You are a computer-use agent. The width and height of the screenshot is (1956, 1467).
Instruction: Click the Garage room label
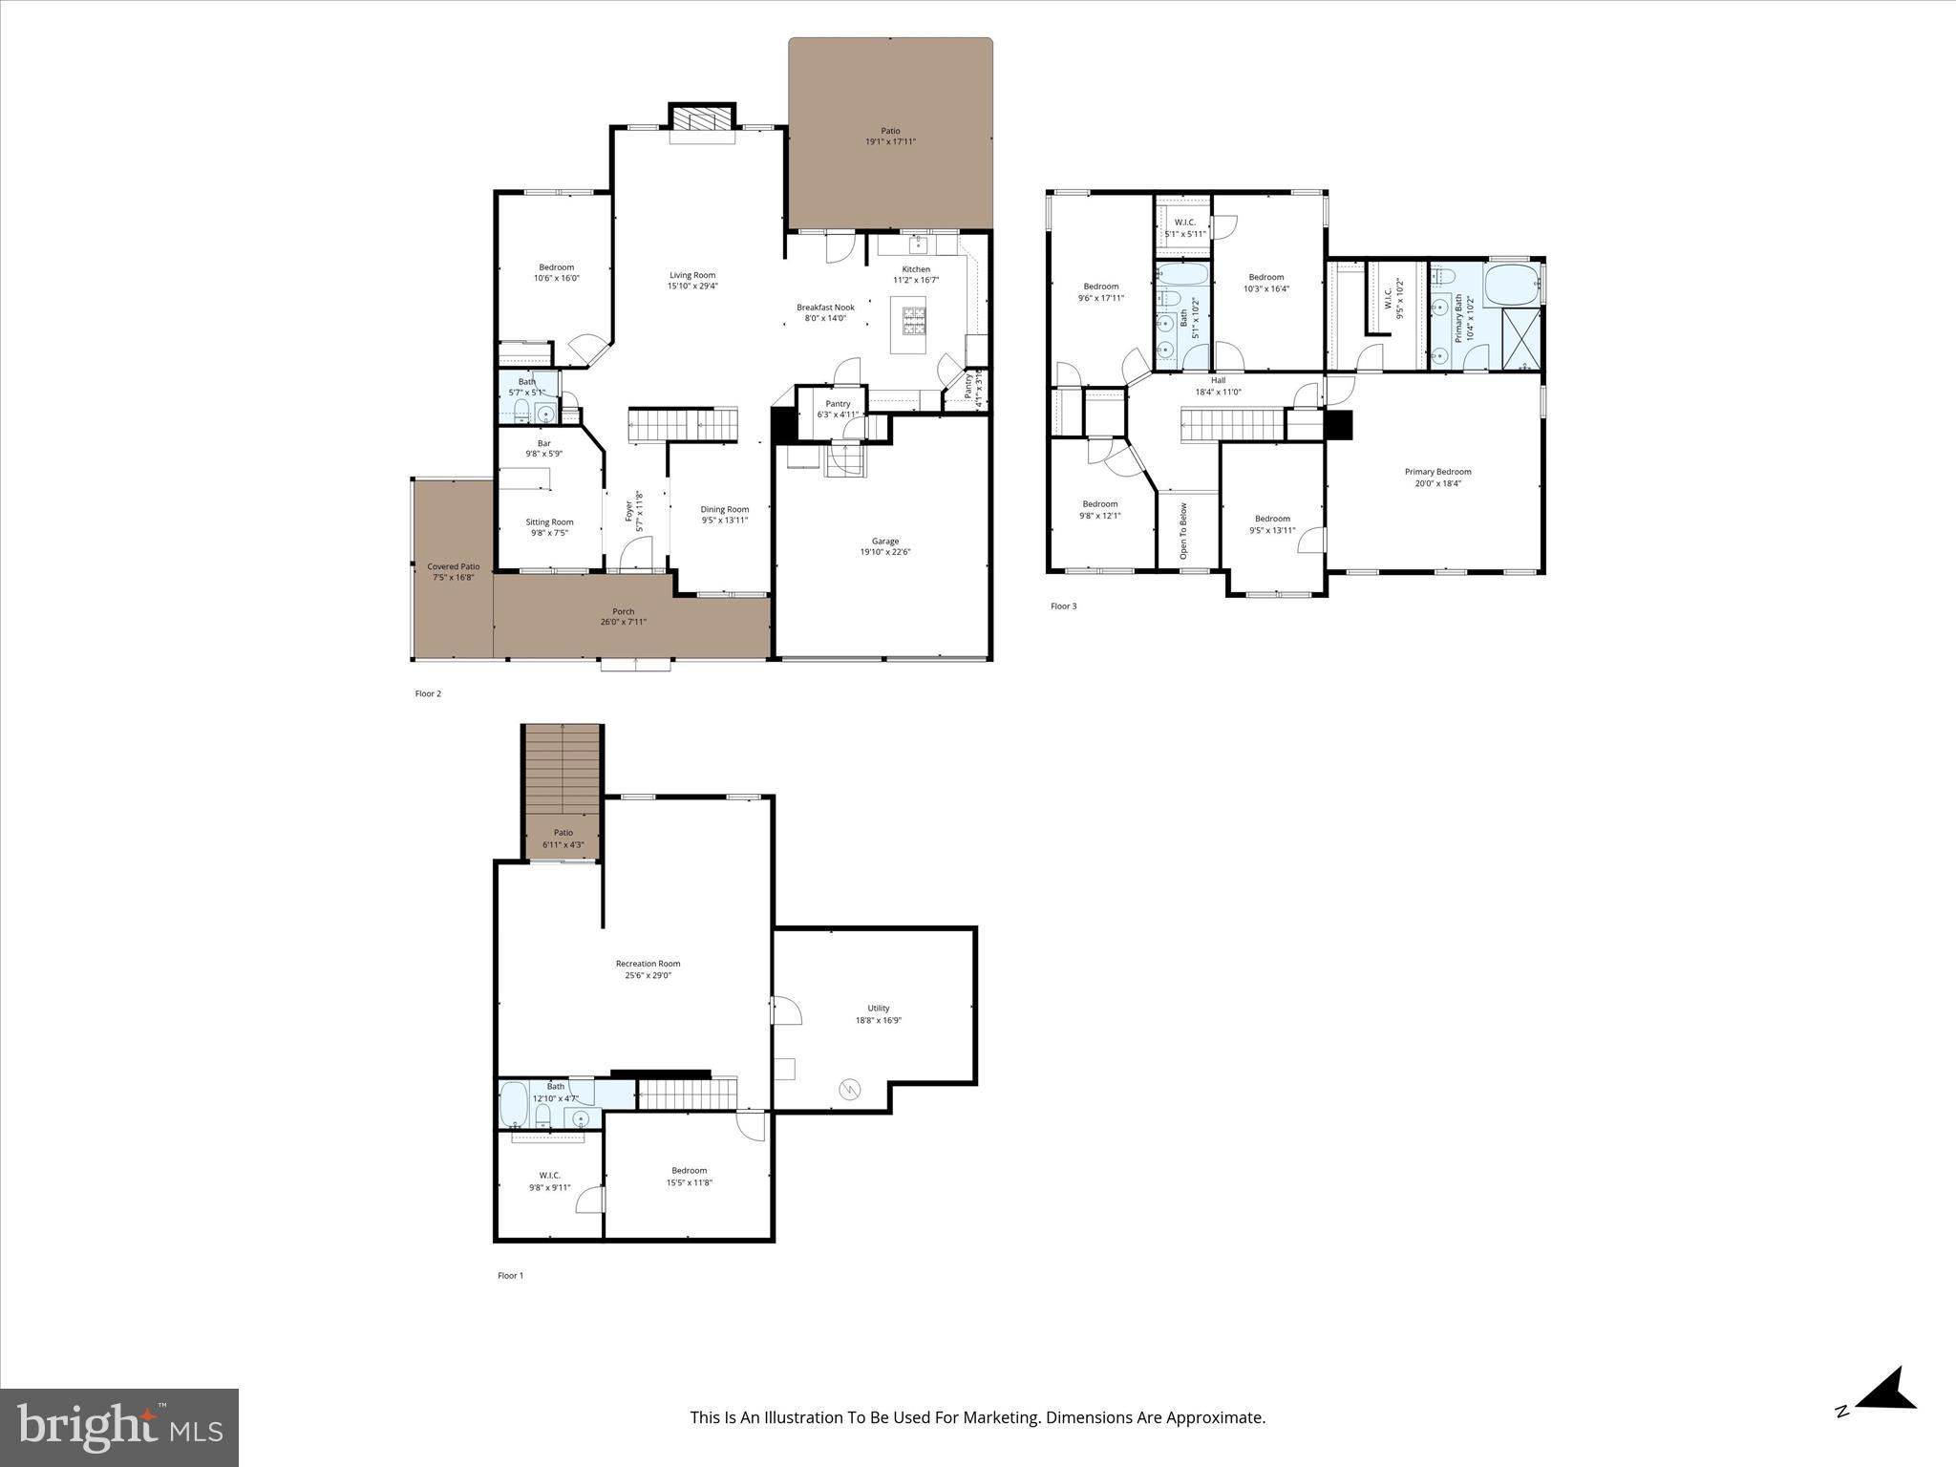click(884, 542)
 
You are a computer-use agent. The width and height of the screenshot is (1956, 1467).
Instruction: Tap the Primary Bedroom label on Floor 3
click(1437, 472)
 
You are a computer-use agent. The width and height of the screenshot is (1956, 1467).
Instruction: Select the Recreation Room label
click(648, 964)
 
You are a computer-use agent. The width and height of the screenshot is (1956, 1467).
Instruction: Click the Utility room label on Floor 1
click(878, 1008)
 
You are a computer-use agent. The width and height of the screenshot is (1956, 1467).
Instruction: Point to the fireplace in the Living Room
click(702, 119)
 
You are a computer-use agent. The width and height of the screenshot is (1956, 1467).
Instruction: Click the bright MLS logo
click(119, 1428)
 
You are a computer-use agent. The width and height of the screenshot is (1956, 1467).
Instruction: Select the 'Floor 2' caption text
click(428, 694)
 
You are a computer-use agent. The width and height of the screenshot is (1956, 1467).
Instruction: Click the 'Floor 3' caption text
click(1063, 606)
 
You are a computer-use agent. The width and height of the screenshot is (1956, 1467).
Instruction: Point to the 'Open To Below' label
click(1183, 531)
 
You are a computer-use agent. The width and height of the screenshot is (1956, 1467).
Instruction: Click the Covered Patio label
click(453, 566)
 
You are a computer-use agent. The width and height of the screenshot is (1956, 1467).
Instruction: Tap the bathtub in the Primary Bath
click(1511, 284)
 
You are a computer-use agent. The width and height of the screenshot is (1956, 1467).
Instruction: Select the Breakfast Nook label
click(825, 308)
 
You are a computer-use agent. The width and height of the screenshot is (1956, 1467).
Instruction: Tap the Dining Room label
click(724, 509)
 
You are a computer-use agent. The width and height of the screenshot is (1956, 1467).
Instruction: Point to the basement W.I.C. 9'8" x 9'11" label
click(549, 1181)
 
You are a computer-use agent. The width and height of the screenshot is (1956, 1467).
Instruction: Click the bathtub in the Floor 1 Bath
click(513, 1104)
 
